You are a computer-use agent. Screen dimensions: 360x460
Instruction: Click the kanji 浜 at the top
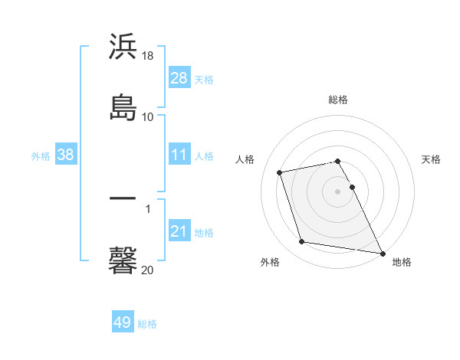click(x=123, y=47)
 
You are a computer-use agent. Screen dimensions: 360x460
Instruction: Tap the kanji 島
click(x=123, y=106)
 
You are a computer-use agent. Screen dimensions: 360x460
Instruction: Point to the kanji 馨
click(x=123, y=260)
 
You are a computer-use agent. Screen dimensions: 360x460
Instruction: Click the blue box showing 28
click(x=179, y=78)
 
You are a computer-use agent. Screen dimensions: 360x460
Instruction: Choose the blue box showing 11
click(x=179, y=155)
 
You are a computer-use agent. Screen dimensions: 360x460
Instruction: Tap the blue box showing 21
click(x=179, y=231)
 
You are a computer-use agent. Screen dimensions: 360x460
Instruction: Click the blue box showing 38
click(x=66, y=155)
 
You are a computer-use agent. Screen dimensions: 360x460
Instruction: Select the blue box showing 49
click(x=123, y=322)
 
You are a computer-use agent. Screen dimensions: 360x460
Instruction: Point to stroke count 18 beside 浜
click(x=148, y=56)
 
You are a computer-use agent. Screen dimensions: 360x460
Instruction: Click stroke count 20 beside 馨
click(x=148, y=270)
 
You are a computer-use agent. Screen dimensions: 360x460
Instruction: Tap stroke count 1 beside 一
click(x=148, y=208)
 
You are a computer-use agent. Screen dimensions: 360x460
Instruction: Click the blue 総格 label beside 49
click(x=148, y=324)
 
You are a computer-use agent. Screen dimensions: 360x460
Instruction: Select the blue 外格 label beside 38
click(x=41, y=155)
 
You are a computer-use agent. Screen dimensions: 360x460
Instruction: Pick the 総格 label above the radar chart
click(x=338, y=100)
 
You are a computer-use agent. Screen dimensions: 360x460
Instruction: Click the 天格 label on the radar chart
click(x=432, y=159)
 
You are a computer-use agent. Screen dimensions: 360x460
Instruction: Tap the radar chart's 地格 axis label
click(x=402, y=263)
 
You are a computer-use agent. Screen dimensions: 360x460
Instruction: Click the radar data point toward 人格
click(x=280, y=172)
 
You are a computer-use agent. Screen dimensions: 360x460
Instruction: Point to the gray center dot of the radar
click(x=338, y=191)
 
